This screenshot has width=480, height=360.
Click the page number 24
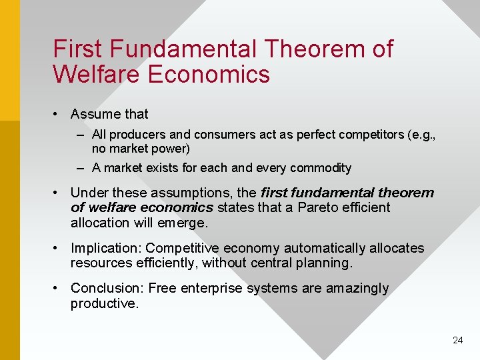point(457,340)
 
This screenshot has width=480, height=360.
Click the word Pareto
point(319,207)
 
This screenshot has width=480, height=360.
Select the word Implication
point(106,248)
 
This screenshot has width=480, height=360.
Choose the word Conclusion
point(107,288)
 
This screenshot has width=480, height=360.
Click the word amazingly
point(357,288)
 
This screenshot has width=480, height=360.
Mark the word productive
point(104,303)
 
